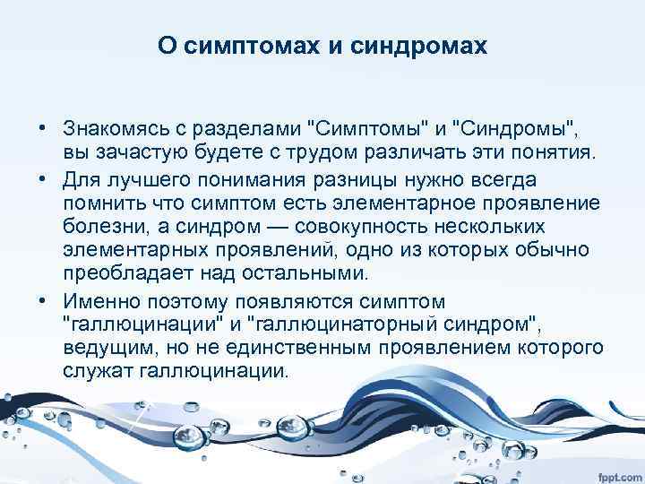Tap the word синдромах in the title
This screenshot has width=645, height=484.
pyautogui.click(x=420, y=45)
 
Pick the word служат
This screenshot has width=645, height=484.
pyautogui.click(x=93, y=370)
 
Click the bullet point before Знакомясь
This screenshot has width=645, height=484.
pyautogui.click(x=42, y=123)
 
